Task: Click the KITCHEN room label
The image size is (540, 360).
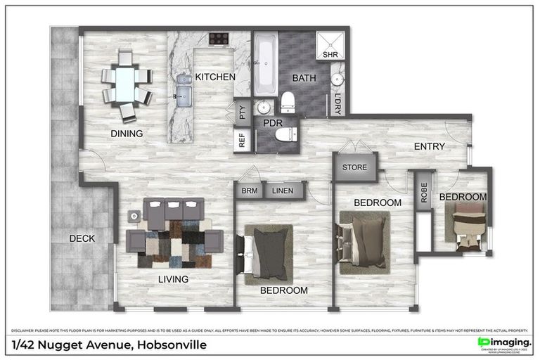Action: [215, 77]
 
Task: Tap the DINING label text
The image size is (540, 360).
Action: [127, 134]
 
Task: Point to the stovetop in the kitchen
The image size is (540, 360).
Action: [219, 39]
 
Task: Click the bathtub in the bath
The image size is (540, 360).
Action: [265, 67]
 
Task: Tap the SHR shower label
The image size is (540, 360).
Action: [330, 54]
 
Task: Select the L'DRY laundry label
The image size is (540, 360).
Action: [338, 103]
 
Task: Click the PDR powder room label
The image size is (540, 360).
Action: [272, 122]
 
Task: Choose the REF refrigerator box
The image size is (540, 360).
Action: [243, 141]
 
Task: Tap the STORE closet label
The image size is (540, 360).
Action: [355, 168]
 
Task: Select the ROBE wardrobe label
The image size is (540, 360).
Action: [423, 193]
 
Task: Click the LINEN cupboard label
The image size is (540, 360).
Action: [283, 191]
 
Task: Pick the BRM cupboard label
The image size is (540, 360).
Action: [250, 191]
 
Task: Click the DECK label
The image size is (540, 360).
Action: [82, 238]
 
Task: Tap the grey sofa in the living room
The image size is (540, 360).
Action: [174, 209]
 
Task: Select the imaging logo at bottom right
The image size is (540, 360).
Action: [504, 342]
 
